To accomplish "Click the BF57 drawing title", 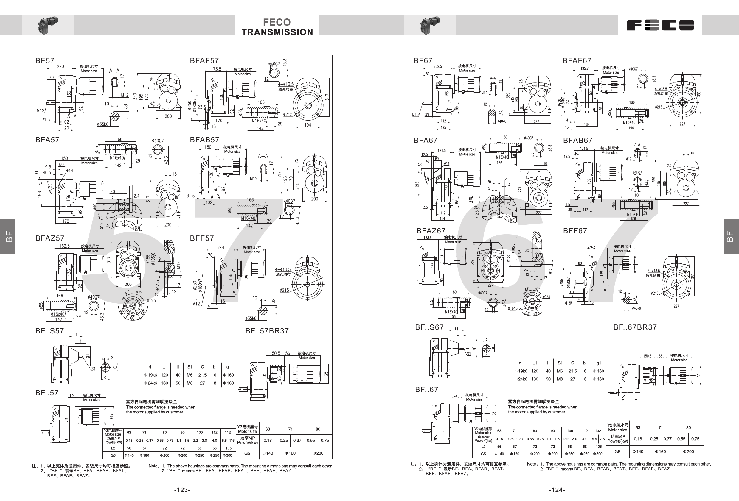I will pos(45,60).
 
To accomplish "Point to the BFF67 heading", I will pos(575,231).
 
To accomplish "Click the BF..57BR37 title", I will pos(267,331).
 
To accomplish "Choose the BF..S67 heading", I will pos(429,327).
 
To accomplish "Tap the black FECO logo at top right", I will pos(660,25).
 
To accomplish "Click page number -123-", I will pos(182,490).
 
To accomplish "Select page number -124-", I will pos(557,490).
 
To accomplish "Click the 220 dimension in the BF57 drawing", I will pos(60,66).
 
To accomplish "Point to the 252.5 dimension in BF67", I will pos(438,66).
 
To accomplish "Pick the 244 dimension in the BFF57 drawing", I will pos(221,247).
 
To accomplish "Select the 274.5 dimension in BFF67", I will pos(591,247).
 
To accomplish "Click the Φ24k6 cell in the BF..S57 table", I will pos(150,383).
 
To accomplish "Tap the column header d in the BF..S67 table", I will pos(520,363).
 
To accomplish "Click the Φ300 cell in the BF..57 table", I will pos(228,455).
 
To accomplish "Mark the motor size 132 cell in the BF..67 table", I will pos(598,431).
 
